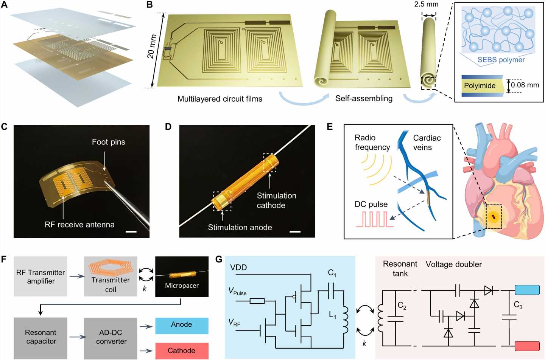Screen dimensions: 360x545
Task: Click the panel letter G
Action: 218,259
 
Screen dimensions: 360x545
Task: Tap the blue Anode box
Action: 182,325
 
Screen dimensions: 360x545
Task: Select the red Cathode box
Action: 182,351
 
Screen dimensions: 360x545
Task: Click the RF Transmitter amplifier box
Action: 40,276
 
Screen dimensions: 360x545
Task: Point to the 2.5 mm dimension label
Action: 426,5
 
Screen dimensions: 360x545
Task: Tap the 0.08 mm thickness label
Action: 525,85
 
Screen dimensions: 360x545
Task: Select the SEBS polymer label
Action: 501,60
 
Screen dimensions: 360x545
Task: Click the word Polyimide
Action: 480,86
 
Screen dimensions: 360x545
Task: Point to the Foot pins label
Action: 108,142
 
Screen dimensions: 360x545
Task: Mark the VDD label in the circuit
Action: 238,268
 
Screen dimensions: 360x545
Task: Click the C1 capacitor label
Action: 332,273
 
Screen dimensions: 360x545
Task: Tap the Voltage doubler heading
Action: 454,264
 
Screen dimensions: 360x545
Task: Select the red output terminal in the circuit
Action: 527,346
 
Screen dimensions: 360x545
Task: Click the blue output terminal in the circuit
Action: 527,290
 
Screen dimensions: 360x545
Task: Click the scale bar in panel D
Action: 295,231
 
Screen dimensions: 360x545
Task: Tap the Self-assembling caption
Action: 364,99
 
